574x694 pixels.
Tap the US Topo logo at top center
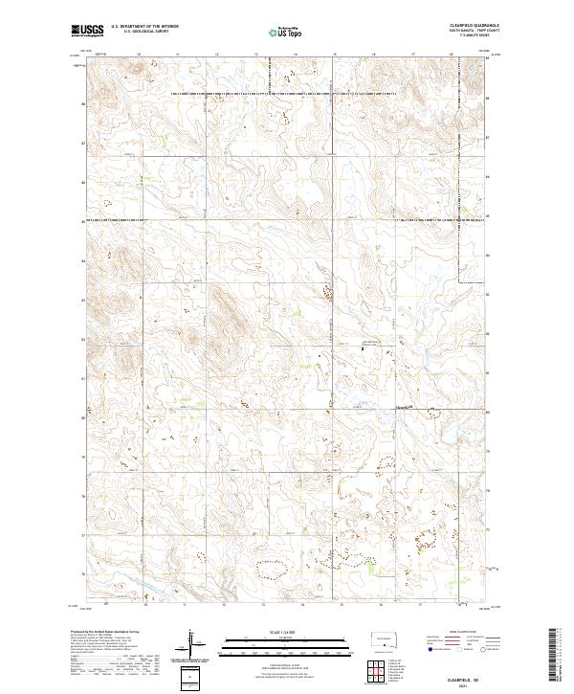click(284, 32)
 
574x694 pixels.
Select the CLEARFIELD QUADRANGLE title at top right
click(471, 26)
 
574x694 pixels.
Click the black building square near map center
click(363, 349)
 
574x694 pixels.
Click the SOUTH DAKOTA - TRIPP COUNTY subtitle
click(471, 31)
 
